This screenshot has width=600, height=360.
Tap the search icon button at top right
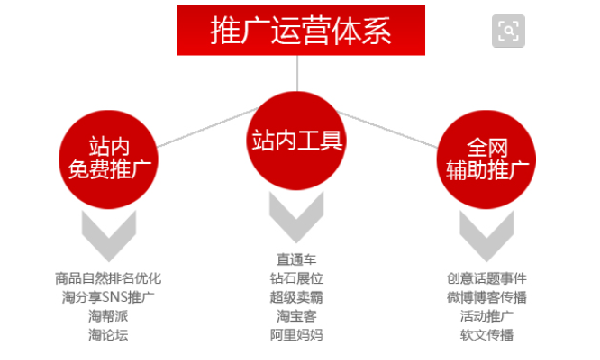[509, 31]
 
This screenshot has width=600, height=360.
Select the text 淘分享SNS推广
[108, 298]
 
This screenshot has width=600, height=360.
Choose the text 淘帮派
[108, 316]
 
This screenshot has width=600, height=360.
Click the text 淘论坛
[108, 335]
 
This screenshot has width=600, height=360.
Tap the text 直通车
[298, 260]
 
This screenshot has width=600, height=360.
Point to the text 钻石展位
[298, 279]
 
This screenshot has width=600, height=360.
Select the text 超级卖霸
[298, 298]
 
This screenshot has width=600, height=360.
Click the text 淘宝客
[298, 316]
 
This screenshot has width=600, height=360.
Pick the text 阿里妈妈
[298, 335]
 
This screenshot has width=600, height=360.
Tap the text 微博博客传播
[487, 298]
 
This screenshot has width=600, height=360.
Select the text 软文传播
[487, 335]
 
